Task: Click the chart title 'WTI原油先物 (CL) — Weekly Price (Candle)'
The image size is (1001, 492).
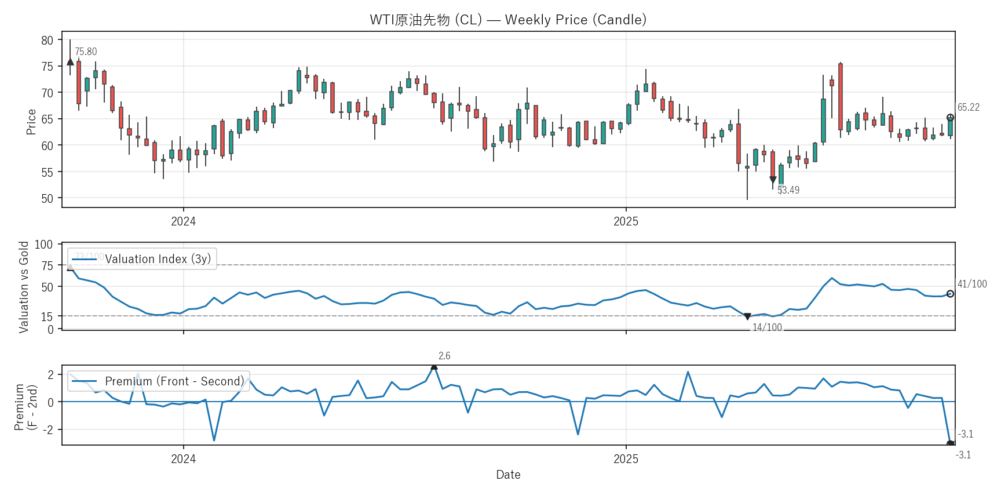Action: [x=508, y=20]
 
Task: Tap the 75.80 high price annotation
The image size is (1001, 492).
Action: [x=86, y=52]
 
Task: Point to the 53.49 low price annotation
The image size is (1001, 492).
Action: [x=788, y=190]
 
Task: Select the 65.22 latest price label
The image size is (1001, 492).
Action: [x=969, y=107]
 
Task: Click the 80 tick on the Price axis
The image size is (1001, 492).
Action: [x=47, y=40]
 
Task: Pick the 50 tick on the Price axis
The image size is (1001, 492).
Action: [x=47, y=198]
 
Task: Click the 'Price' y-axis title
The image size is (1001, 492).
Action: [x=31, y=122]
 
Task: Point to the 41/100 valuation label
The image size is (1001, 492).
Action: [x=972, y=284]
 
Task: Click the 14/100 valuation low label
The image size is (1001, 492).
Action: [x=767, y=327]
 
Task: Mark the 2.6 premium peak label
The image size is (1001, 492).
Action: [x=444, y=356]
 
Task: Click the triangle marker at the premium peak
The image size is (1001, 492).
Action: [x=434, y=366]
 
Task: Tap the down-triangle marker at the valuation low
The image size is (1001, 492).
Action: [x=747, y=316]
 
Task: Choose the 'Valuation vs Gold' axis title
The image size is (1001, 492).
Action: [x=24, y=287]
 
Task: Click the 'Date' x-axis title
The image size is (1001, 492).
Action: [x=508, y=475]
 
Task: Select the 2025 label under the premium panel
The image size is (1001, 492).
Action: [x=626, y=459]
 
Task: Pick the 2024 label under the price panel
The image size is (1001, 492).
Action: [x=183, y=221]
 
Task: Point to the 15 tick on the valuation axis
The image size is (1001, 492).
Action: [x=47, y=316]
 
